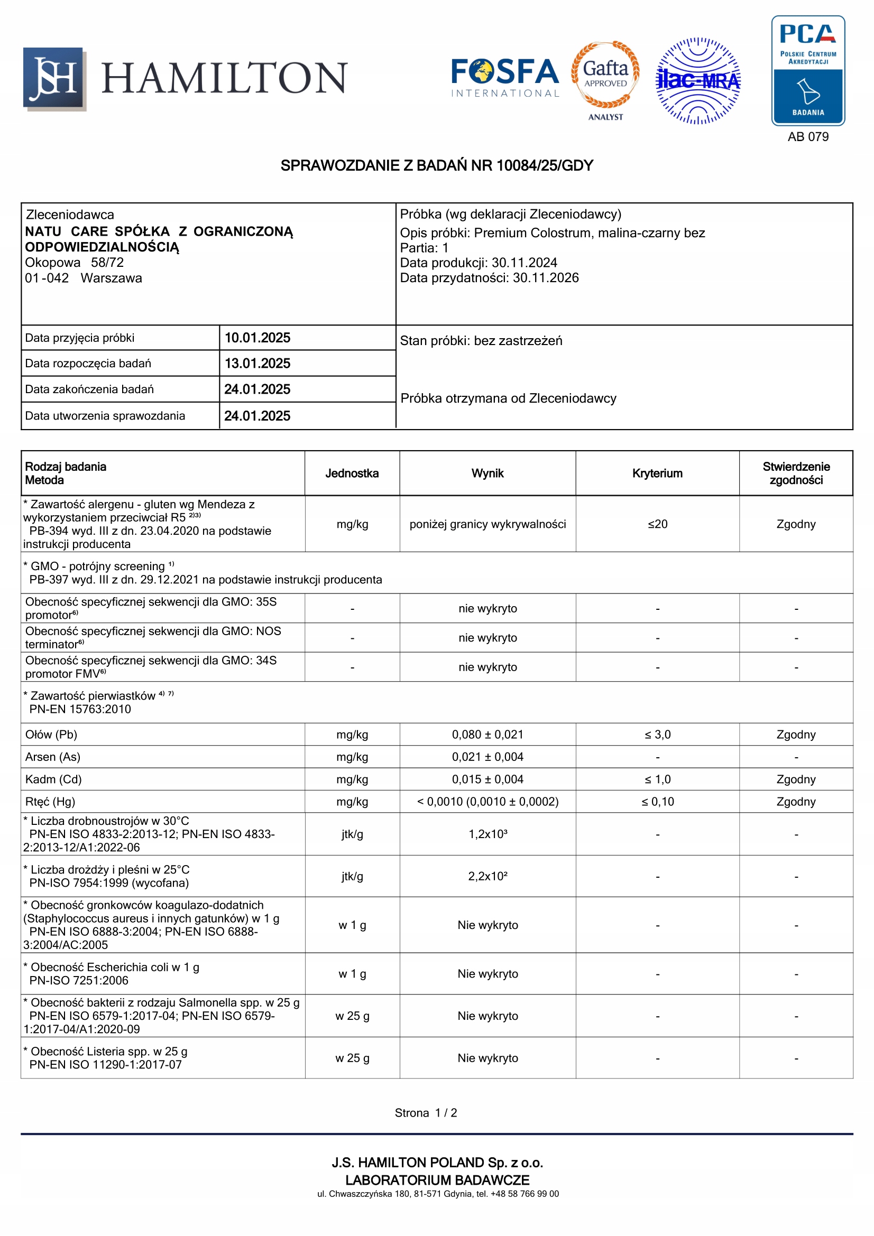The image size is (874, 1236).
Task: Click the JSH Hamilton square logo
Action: pyautogui.click(x=54, y=79)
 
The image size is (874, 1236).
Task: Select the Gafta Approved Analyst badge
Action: pyautogui.click(x=605, y=80)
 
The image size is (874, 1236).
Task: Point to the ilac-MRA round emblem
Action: pyautogui.click(x=698, y=81)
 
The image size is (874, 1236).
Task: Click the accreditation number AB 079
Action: pyautogui.click(x=808, y=137)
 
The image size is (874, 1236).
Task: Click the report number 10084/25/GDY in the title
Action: pyautogui.click(x=545, y=166)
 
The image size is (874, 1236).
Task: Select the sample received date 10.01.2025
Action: pyautogui.click(x=257, y=338)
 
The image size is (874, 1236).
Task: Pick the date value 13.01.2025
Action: pyautogui.click(x=257, y=364)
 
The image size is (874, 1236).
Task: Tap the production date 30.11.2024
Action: pyautogui.click(x=524, y=263)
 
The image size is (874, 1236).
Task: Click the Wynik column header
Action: pyautogui.click(x=487, y=473)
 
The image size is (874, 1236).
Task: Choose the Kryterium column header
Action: pyautogui.click(x=657, y=473)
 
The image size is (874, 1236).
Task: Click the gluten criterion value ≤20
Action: pyautogui.click(x=658, y=524)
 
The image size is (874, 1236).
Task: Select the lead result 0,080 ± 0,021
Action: pyautogui.click(x=487, y=735)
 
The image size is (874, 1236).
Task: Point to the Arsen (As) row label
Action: pyautogui.click(x=53, y=757)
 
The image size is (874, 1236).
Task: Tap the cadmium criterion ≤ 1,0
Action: pyautogui.click(x=658, y=779)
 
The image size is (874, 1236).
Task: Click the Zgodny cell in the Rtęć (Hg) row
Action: pyautogui.click(x=795, y=802)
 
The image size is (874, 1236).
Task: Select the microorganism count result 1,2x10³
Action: pyautogui.click(x=487, y=834)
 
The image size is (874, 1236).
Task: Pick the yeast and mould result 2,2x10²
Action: pyautogui.click(x=487, y=876)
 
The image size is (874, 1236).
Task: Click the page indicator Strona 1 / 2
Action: pyautogui.click(x=426, y=1113)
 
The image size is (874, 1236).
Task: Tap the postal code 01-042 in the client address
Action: pyautogui.click(x=47, y=278)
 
